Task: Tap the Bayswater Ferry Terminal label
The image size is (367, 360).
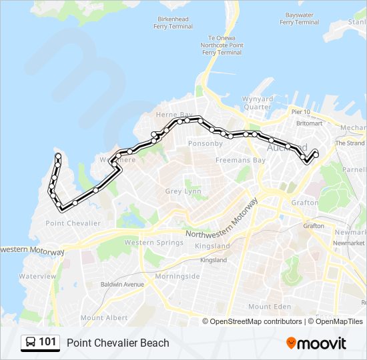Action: [x=299, y=18]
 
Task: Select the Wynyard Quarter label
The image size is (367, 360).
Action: [x=258, y=103]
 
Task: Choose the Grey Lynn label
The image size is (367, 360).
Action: [x=183, y=191]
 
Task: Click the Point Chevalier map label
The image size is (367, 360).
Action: [x=73, y=223]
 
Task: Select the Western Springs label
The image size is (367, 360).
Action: [x=153, y=243]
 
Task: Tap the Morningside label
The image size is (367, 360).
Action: [x=177, y=276]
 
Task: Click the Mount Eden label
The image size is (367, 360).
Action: [x=270, y=306]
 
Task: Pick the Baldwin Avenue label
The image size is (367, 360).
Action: [x=121, y=284]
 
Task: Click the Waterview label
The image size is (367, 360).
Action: [x=38, y=276]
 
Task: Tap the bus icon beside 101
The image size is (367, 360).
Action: [x=31, y=343]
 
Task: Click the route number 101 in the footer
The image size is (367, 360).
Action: [x=47, y=343]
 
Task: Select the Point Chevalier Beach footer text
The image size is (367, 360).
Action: [x=118, y=343]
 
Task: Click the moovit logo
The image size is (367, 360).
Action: [x=316, y=343]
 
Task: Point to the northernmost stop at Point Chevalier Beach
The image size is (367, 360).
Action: [x=58, y=156]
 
